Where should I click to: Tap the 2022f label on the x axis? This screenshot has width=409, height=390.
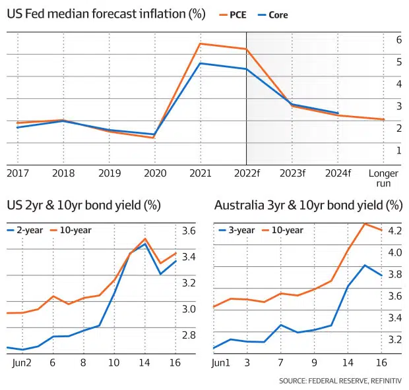tap(245, 174)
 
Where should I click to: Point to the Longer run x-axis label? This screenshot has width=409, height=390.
tap(383, 178)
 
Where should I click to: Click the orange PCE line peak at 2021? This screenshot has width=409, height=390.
tap(201, 43)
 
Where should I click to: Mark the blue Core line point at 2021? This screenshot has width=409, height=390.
tap(201, 63)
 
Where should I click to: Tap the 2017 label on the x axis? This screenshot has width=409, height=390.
tap(18, 174)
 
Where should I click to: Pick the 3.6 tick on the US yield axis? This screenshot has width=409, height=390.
tap(189, 231)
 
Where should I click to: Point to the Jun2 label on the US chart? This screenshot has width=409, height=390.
tap(22, 362)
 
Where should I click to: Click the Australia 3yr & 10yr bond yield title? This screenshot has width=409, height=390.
tap(308, 205)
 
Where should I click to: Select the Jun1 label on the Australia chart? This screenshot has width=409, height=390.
tap(222, 362)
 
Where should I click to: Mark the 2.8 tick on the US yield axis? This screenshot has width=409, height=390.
tap(189, 335)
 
